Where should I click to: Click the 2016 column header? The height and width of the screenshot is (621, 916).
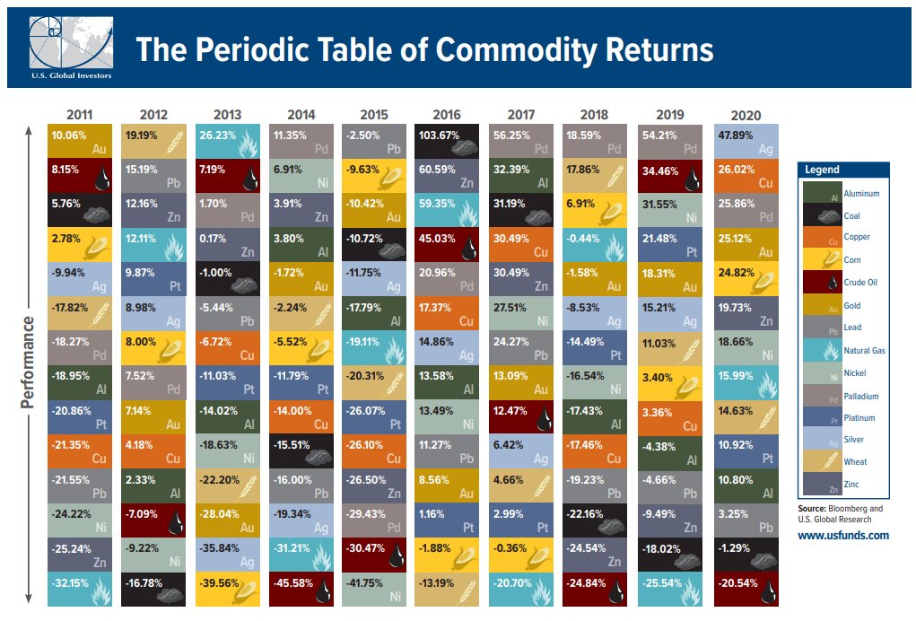pyautogui.click(x=448, y=114)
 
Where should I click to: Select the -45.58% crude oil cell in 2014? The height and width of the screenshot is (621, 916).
pyautogui.click(x=301, y=591)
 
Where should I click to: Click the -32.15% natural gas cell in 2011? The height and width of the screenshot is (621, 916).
pyautogui.click(x=80, y=591)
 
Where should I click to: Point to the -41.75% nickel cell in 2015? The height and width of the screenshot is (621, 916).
pyautogui.click(x=374, y=591)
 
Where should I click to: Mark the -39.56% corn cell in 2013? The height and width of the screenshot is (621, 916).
pyautogui.click(x=227, y=591)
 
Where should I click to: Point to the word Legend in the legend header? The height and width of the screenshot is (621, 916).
pyautogui.click(x=822, y=170)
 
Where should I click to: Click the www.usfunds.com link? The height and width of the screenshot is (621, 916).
pyautogui.click(x=842, y=535)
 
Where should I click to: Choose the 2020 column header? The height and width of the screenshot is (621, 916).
pyautogui.click(x=746, y=115)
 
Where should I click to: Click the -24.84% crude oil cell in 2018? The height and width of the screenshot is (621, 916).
pyautogui.click(x=596, y=591)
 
